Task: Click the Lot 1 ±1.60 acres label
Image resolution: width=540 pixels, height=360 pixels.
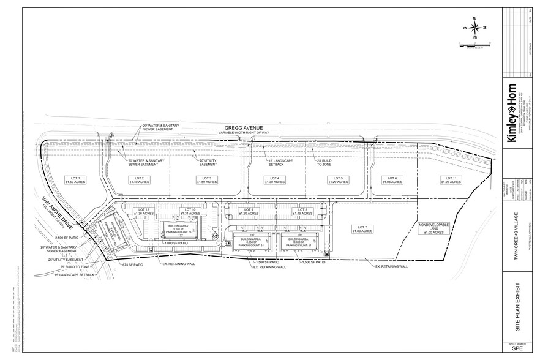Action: [x=75, y=180]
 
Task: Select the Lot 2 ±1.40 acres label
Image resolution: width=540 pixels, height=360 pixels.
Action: [x=139, y=180]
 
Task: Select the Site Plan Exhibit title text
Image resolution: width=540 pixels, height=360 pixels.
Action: [x=517, y=306]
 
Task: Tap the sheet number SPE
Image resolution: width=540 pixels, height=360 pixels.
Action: [x=517, y=350]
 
